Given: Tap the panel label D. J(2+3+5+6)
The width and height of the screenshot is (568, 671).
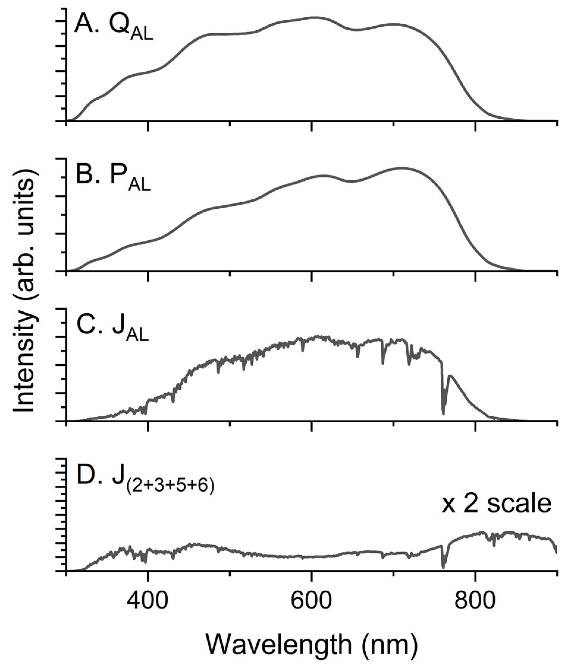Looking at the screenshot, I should [145, 482].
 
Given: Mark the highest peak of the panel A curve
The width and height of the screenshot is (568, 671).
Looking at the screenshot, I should [314, 17].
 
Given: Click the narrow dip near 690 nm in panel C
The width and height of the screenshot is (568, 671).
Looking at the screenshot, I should [383, 363].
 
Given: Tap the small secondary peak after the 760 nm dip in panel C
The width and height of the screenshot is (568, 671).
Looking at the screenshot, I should [450, 376].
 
